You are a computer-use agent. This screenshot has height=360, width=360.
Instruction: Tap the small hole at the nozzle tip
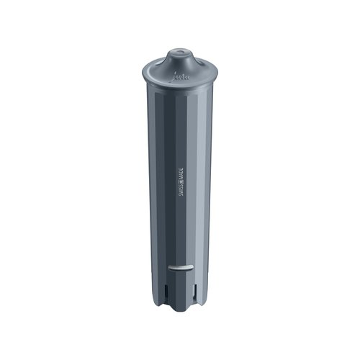point(179,52)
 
